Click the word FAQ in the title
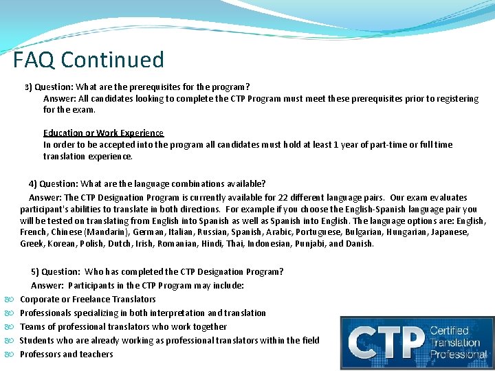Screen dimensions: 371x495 [34, 60]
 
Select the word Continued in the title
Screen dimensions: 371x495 [113, 60]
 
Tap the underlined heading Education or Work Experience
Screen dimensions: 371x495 [104, 133]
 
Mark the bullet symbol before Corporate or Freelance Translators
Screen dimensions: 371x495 [10, 300]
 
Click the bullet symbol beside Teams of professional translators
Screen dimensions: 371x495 [10, 327]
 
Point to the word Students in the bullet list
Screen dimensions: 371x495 [37, 340]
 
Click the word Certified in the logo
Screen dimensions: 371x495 [450, 331]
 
